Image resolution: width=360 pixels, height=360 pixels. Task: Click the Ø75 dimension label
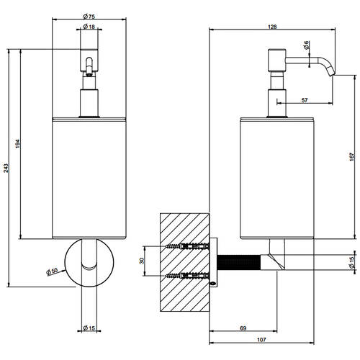(x=89, y=17)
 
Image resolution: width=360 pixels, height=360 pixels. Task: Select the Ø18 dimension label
(x=89, y=27)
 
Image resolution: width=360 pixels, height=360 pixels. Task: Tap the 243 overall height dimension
(x=6, y=168)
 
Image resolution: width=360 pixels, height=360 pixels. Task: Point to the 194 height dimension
(x=18, y=144)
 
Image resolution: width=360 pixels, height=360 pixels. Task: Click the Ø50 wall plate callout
(x=52, y=271)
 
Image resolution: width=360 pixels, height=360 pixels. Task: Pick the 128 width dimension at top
(x=272, y=27)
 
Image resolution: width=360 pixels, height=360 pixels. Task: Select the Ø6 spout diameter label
(x=306, y=45)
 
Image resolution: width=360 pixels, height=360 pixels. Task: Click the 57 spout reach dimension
(x=305, y=100)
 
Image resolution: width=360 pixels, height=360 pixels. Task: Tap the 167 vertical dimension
(x=351, y=157)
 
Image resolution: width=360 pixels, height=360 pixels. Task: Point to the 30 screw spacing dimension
(x=142, y=261)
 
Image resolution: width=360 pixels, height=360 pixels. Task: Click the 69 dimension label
(x=243, y=328)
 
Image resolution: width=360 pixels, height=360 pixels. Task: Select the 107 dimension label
(x=261, y=340)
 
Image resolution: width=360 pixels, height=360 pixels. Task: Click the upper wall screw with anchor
(x=187, y=246)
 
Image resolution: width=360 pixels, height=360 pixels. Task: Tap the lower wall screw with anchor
(x=187, y=276)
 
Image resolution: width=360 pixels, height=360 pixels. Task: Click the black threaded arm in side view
(x=239, y=262)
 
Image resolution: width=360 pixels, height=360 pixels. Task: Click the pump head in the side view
(x=276, y=60)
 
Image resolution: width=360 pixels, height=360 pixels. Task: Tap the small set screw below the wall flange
(x=213, y=284)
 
